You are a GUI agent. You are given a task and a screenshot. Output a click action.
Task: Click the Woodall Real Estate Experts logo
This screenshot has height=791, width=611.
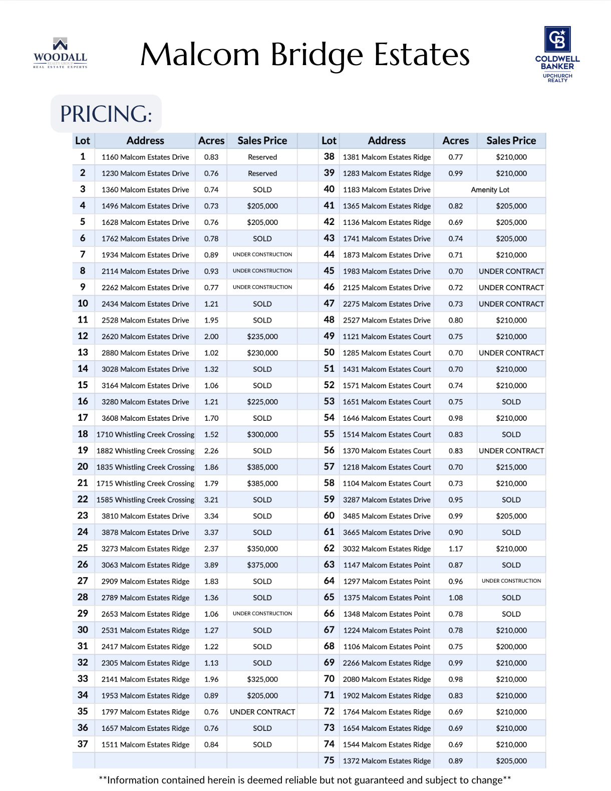click(x=60, y=53)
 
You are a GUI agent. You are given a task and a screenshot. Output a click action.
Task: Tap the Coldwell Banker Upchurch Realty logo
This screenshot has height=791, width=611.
click(x=557, y=54)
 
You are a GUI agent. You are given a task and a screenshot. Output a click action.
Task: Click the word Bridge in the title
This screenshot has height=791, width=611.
click(x=317, y=55)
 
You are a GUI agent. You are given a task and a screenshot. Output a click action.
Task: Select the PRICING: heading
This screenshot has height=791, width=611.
click(x=106, y=114)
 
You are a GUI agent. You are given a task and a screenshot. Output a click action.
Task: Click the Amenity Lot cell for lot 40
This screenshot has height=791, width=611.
click(x=490, y=190)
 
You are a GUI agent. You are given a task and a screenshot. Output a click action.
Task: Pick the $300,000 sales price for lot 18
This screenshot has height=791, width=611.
click(x=262, y=435)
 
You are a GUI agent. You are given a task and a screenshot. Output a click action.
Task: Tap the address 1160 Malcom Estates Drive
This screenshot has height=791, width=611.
click(x=145, y=157)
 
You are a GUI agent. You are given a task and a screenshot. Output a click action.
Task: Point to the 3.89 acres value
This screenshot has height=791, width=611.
click(x=211, y=565)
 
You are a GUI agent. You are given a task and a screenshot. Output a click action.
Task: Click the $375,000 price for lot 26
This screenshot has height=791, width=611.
click(x=262, y=565)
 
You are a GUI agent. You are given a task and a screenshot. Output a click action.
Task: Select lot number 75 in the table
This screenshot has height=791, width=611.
click(x=329, y=760)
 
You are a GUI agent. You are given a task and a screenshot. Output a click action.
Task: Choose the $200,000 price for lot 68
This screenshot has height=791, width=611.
click(x=511, y=647)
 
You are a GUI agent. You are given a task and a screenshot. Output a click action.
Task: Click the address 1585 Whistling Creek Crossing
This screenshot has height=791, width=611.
click(x=145, y=500)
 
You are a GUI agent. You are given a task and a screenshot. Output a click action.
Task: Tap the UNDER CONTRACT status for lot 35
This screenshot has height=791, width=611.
click(x=262, y=712)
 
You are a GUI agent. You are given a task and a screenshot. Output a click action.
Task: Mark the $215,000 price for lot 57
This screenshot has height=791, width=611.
click(x=511, y=467)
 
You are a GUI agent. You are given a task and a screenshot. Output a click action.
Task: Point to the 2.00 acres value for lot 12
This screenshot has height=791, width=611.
click(x=211, y=337)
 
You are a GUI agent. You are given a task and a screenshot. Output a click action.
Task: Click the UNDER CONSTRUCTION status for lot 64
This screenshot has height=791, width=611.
click(x=511, y=581)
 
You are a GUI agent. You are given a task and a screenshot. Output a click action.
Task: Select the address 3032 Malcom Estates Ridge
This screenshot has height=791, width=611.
click(x=387, y=549)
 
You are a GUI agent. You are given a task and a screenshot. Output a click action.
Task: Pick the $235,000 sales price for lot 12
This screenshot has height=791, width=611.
click(x=262, y=337)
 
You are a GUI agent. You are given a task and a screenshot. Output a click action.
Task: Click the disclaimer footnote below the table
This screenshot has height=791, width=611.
click(x=305, y=780)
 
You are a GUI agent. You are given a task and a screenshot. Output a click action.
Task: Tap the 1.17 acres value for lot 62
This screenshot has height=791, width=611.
click(x=455, y=549)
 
